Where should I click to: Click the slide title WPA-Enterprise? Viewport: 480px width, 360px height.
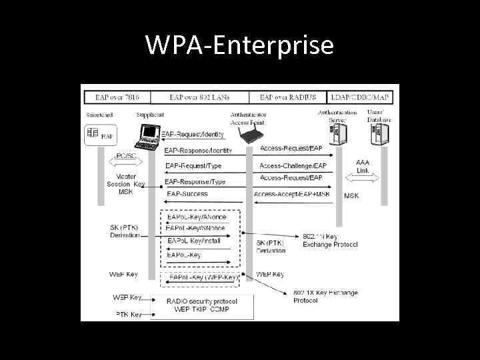click(x=239, y=45)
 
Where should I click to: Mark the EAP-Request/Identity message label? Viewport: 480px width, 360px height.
click(x=194, y=134)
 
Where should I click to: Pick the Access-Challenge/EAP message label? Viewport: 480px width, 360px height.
click(x=293, y=165)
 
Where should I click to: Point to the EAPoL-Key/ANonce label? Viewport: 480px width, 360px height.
click(x=197, y=217)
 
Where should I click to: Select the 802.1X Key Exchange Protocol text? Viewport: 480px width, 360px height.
click(x=325, y=296)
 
